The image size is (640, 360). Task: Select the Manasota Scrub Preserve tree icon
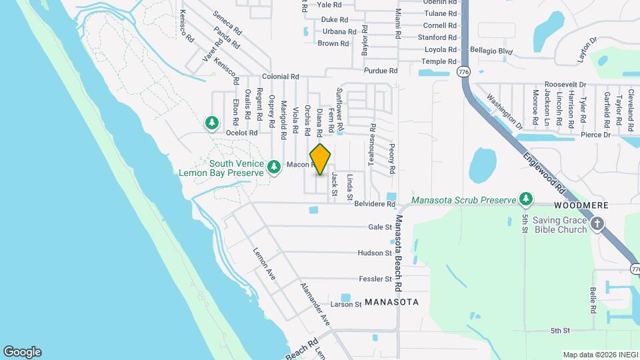tap(527, 199)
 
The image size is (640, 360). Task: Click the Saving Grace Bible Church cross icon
tap(598, 224)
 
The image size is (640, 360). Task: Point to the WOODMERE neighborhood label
tap(579, 205)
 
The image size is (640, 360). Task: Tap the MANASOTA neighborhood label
tap(391, 302)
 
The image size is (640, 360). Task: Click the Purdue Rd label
tap(381, 71)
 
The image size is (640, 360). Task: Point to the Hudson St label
tap(375, 253)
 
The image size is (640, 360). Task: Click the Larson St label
tap(346, 305)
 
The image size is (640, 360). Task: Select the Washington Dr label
tap(504, 111)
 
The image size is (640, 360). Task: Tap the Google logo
tap(22, 351)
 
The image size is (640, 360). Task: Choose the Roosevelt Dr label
tap(565, 85)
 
